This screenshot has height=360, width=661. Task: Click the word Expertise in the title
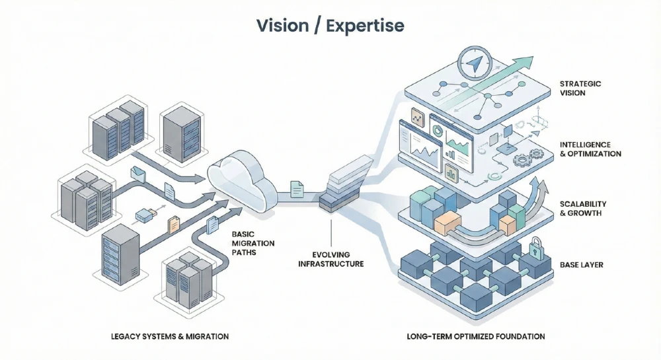click(367, 26)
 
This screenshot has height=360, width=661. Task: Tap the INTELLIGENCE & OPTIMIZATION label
click(590, 149)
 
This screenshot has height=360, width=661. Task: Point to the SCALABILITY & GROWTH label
click(582, 209)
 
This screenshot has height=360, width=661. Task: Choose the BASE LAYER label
click(580, 265)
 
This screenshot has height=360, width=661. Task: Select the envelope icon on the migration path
click(139, 173)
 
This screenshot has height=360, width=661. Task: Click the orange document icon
click(173, 225)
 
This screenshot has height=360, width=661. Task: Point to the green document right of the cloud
click(297, 190)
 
